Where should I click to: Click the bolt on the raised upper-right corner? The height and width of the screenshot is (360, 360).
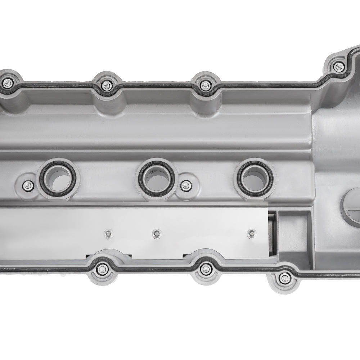click(x=338, y=66)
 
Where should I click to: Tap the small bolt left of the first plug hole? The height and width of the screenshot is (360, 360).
click(x=28, y=186)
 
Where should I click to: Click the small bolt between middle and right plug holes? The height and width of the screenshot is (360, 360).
click(x=185, y=186)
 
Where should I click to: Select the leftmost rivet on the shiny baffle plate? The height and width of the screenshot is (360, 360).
click(x=107, y=233)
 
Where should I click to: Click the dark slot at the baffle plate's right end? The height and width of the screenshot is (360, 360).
click(x=273, y=234)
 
